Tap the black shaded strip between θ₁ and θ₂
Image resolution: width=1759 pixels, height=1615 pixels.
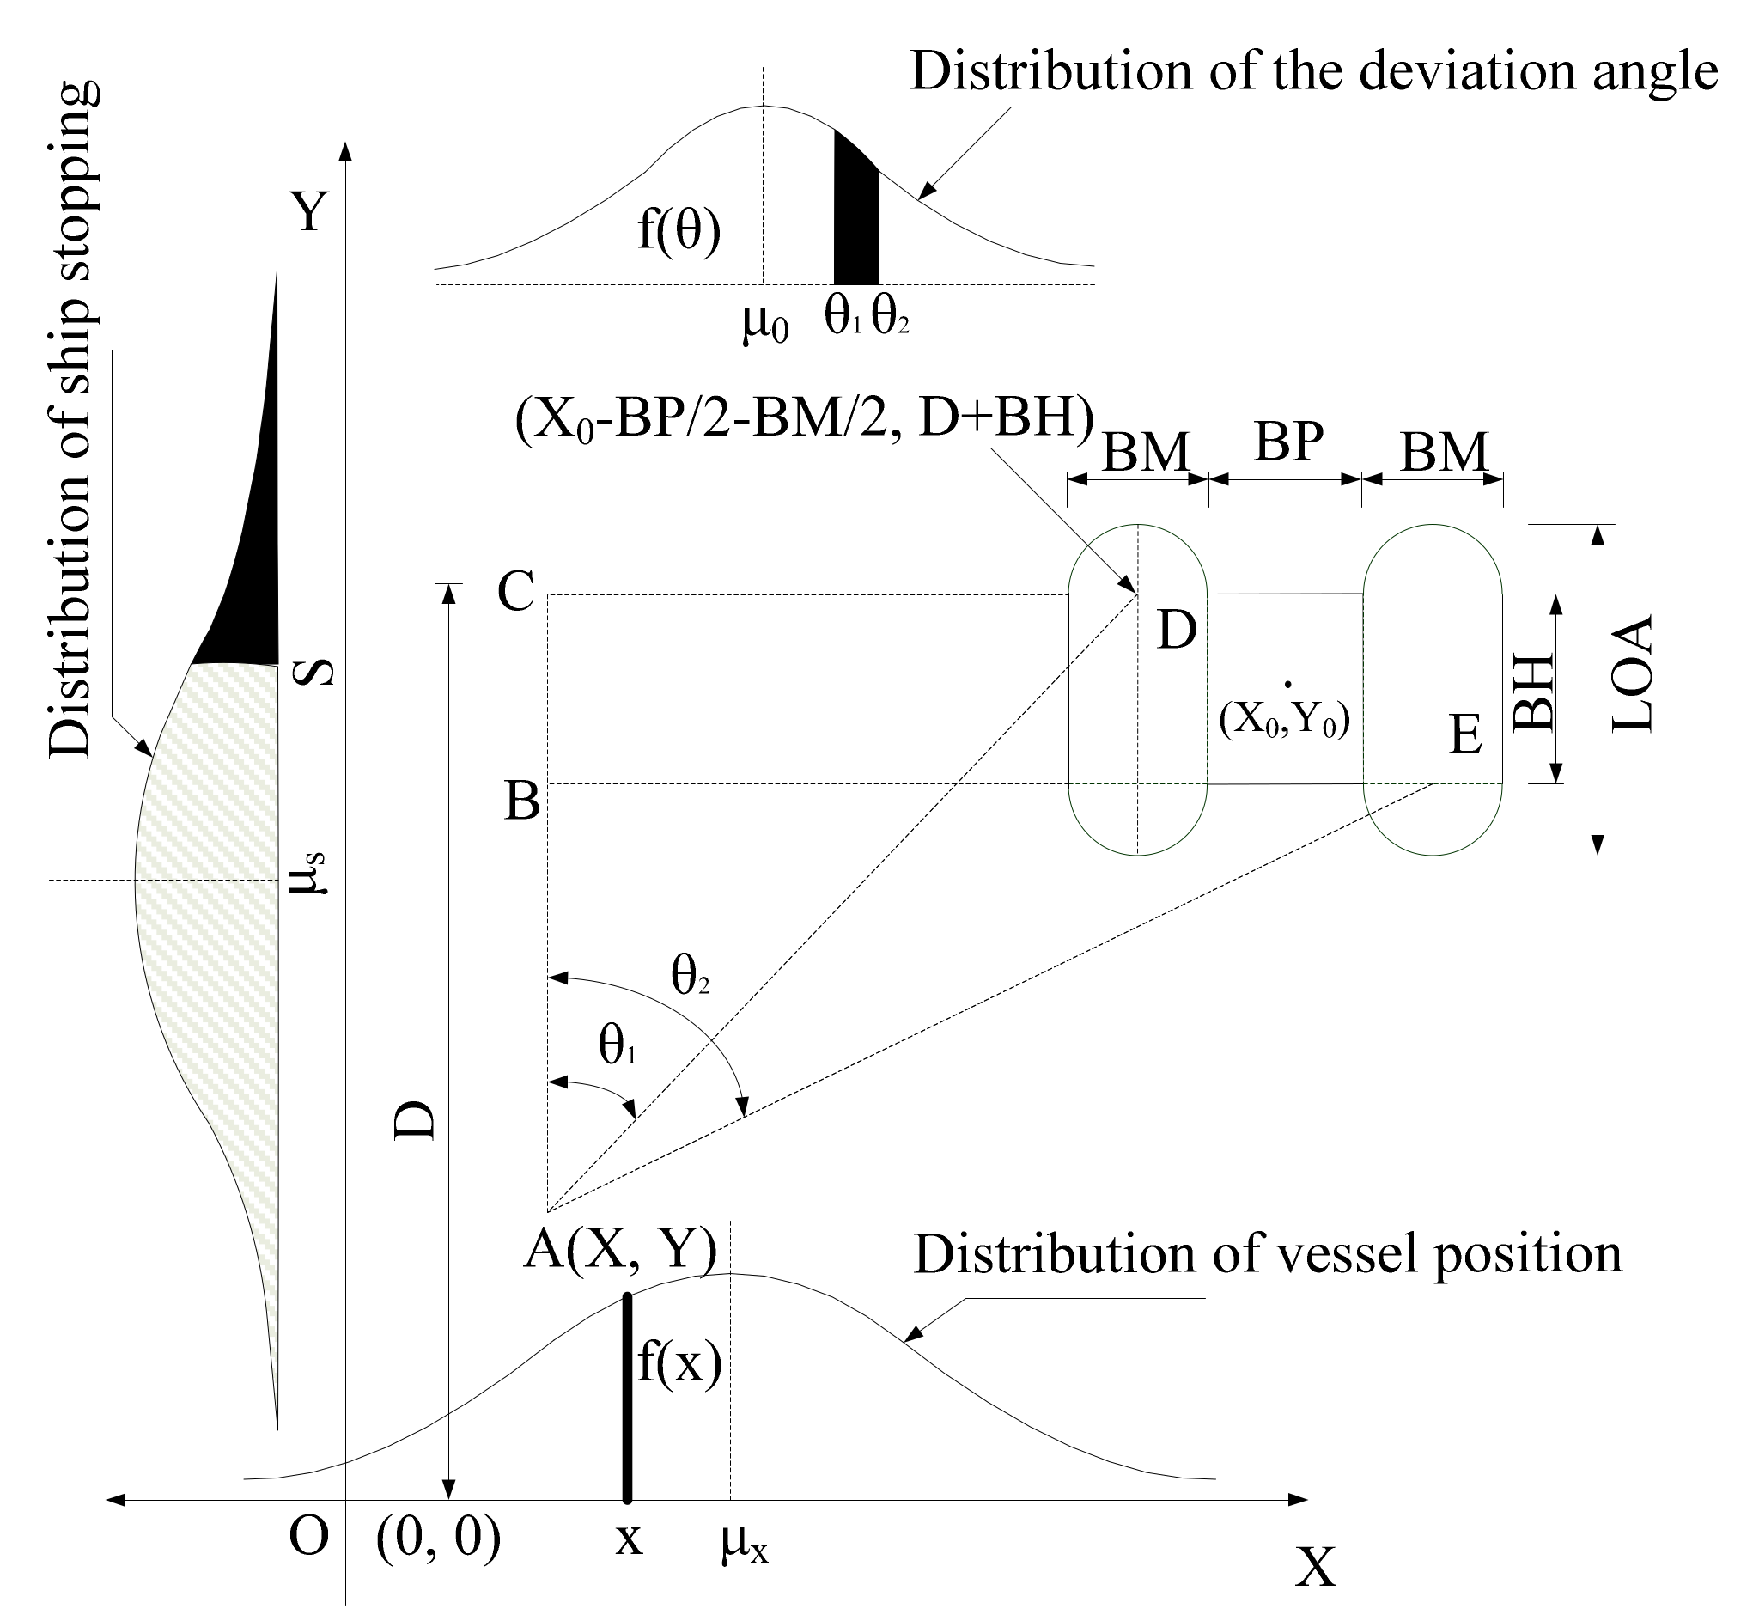coord(855,218)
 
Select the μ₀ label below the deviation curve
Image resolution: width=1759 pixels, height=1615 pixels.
coord(764,324)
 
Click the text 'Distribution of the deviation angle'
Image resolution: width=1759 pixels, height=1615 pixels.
coord(1314,71)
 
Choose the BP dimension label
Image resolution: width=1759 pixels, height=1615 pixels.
coord(1288,442)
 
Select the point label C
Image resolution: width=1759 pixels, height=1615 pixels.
coord(515,593)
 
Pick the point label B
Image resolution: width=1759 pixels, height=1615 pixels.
coord(521,801)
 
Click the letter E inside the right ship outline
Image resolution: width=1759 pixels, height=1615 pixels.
coord(1465,735)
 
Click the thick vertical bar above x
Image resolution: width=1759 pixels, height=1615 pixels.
coord(626,1399)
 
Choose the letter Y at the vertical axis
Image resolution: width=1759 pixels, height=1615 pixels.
coord(309,211)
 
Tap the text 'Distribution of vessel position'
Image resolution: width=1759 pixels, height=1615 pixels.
coord(1267,1255)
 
